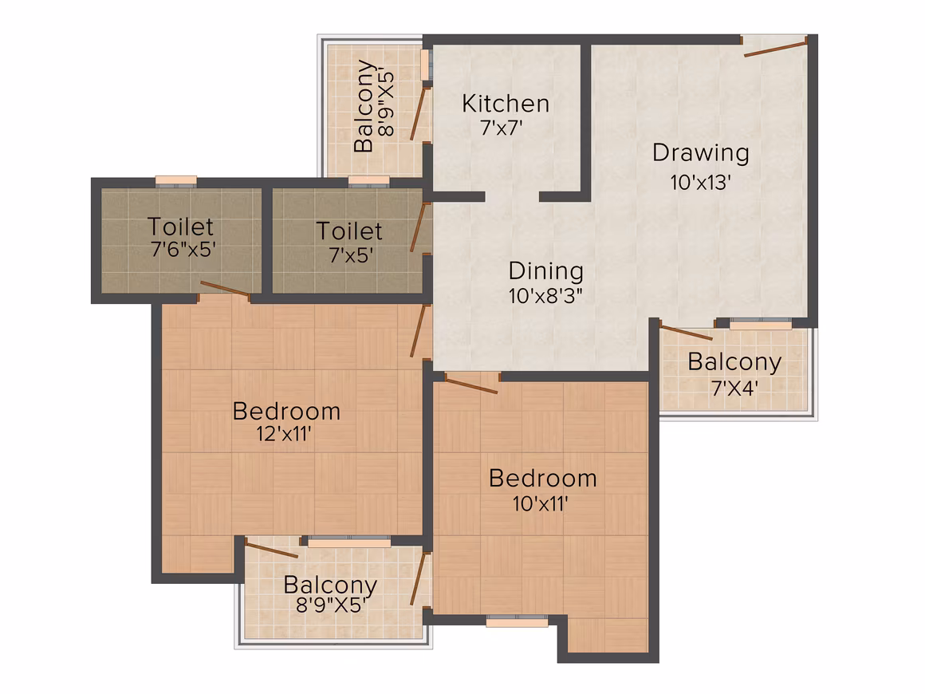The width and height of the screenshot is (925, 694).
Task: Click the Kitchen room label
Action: pyautogui.click(x=506, y=104)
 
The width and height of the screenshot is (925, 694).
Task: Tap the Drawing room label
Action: pyautogui.click(x=701, y=153)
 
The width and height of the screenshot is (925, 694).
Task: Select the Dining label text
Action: pyautogui.click(x=546, y=271)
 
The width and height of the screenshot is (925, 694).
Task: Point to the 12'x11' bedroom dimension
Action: pyautogui.click(x=284, y=434)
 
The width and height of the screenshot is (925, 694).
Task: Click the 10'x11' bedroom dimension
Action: pyautogui.click(x=541, y=504)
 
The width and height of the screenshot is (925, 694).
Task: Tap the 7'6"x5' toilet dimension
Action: pyautogui.click(x=183, y=250)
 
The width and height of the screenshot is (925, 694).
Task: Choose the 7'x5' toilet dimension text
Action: pyautogui.click(x=351, y=255)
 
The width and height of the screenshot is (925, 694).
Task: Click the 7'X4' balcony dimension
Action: pyautogui.click(x=734, y=388)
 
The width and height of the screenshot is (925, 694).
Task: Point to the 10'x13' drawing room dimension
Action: pyautogui.click(x=701, y=183)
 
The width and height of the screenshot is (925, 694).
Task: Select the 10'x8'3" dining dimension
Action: pyautogui.click(x=545, y=296)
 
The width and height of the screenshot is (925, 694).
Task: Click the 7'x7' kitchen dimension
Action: pyautogui.click(x=502, y=128)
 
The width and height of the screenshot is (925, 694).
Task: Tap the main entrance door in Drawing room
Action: pyautogui.click(x=775, y=48)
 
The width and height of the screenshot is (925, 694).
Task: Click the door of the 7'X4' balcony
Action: pyautogui.click(x=686, y=333)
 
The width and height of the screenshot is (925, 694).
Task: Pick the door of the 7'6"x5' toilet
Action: pyautogui.click(x=225, y=289)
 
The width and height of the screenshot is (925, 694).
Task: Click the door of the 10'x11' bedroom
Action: pyautogui.click(x=470, y=384)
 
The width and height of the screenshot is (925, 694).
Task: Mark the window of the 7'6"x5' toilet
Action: pyautogui.click(x=175, y=180)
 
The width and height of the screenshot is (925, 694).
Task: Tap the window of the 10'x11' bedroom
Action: pyautogui.click(x=517, y=621)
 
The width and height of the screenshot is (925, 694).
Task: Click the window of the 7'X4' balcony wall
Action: pyautogui.click(x=761, y=323)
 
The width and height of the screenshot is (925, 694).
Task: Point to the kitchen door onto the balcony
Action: pyautogui.click(x=419, y=113)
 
